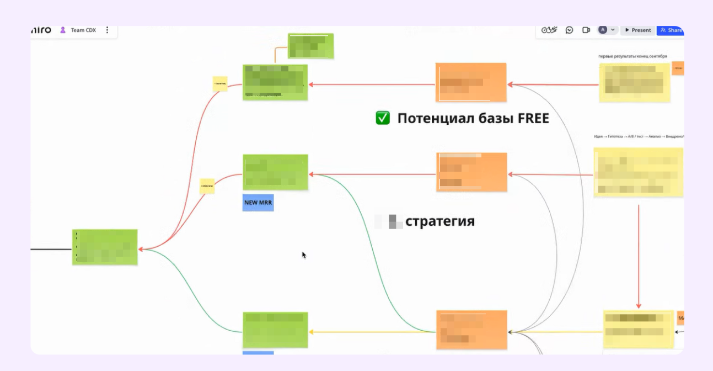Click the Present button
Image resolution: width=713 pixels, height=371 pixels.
pyautogui.click(x=637, y=30)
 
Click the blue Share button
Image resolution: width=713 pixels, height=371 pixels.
pyautogui.click(x=671, y=30)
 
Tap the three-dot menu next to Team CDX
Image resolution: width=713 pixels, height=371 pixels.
pyautogui.click(x=107, y=30)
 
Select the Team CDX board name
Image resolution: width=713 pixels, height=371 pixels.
pyautogui.click(x=83, y=30)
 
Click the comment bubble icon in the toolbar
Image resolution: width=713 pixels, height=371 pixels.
pyautogui.click(x=569, y=30)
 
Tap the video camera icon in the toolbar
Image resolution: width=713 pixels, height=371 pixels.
pyautogui.click(x=586, y=30)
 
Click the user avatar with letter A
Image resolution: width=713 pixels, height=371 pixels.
pyautogui.click(x=603, y=30)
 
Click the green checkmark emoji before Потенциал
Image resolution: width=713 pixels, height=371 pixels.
pyautogui.click(x=383, y=118)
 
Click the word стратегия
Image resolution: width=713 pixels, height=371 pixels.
pyautogui.click(x=439, y=221)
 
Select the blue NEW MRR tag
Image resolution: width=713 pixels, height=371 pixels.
pyautogui.click(x=258, y=203)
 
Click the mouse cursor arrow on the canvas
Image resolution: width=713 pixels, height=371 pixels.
pyautogui.click(x=304, y=255)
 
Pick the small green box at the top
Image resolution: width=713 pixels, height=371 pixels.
pyautogui.click(x=311, y=46)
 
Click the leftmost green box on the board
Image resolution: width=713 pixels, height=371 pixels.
pyautogui.click(x=105, y=247)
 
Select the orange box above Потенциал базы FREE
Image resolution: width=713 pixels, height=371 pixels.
pyautogui.click(x=471, y=82)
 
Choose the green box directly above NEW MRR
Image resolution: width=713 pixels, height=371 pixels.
pyautogui.click(x=275, y=172)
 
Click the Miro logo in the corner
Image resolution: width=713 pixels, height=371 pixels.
pyautogui.click(x=41, y=30)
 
